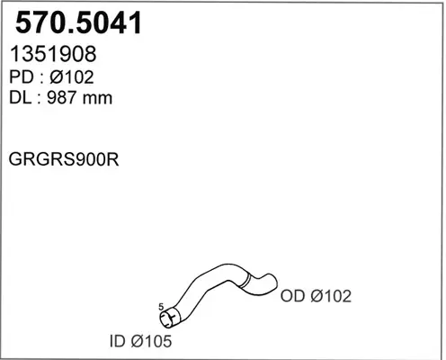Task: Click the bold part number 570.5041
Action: click(78, 22)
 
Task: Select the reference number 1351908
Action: click(53, 54)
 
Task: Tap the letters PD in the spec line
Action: click(22, 77)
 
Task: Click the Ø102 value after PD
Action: click(72, 77)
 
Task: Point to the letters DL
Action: click(20, 97)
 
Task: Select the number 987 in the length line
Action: click(62, 97)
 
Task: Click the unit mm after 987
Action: click(97, 99)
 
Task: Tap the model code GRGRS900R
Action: click(64, 159)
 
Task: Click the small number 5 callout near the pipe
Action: click(161, 307)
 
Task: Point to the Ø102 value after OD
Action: click(331, 296)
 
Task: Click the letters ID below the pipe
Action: click(117, 341)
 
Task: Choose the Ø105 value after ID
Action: click(151, 341)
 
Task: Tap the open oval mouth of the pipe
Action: click(165, 320)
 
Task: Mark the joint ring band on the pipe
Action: click(246, 281)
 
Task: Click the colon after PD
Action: click(41, 79)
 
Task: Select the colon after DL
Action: click(39, 99)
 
